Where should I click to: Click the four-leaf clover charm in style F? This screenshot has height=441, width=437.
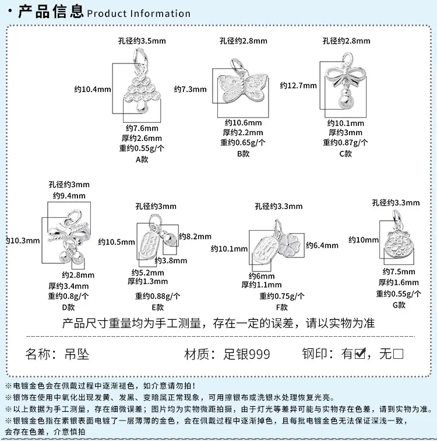tap(290, 245)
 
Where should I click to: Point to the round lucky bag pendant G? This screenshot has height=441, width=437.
tap(399, 242)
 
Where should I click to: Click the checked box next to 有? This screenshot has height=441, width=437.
tap(360, 353)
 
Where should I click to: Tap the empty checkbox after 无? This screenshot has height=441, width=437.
tap(398, 354)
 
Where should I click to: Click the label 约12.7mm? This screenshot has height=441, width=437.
tap(298, 86)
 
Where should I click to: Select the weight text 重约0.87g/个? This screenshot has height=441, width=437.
tap(345, 143)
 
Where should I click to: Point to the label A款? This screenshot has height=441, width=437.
tap(142, 160)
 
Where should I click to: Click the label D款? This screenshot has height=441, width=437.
tap(68, 307)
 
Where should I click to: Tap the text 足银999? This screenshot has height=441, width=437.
tap(246, 354)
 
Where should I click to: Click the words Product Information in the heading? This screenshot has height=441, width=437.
tap(139, 13)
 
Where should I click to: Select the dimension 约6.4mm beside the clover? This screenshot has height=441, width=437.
tap(322, 245)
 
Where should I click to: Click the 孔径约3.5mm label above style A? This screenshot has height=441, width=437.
tap(142, 41)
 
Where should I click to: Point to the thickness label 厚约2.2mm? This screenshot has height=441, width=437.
tap(243, 132)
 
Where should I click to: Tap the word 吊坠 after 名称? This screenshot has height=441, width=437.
tap(77, 354)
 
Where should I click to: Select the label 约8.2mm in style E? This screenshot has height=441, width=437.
tap(195, 237)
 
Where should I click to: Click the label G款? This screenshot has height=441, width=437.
tap(399, 305)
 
